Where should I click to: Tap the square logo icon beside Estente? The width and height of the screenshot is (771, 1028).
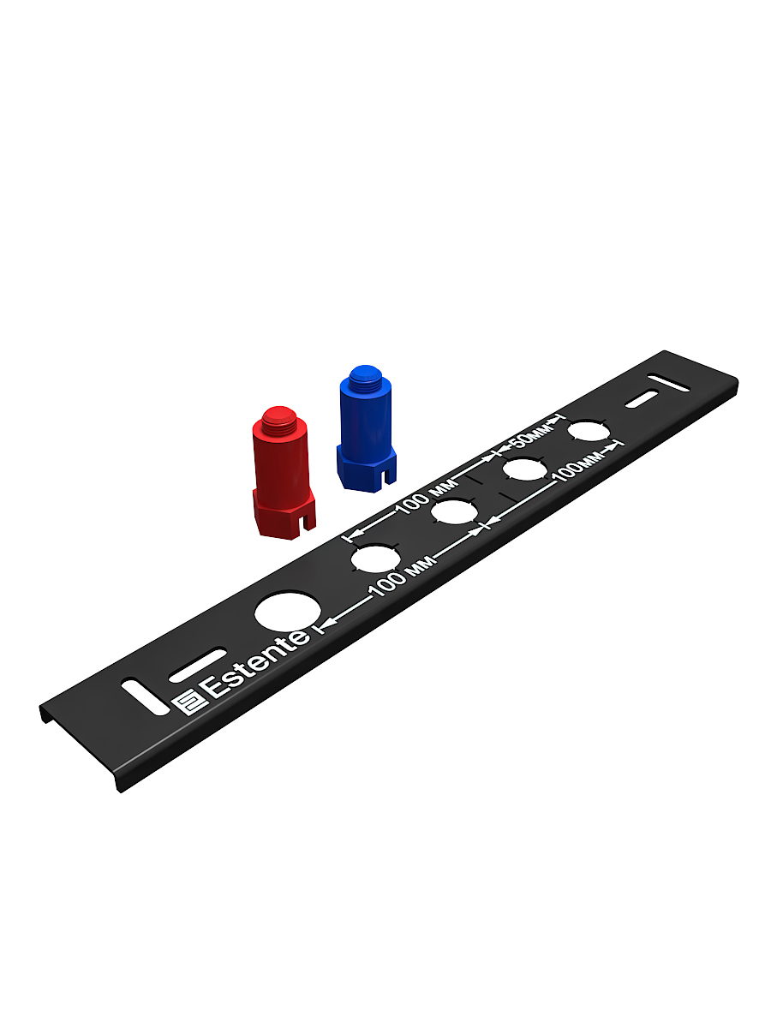coord(188,702)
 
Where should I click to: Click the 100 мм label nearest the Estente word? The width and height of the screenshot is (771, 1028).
coord(401,577)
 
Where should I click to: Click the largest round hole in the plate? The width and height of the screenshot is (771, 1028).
coord(288,612)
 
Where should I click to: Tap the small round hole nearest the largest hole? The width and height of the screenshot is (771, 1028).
coord(376,558)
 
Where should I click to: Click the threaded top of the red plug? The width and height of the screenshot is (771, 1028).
coord(279,419)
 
